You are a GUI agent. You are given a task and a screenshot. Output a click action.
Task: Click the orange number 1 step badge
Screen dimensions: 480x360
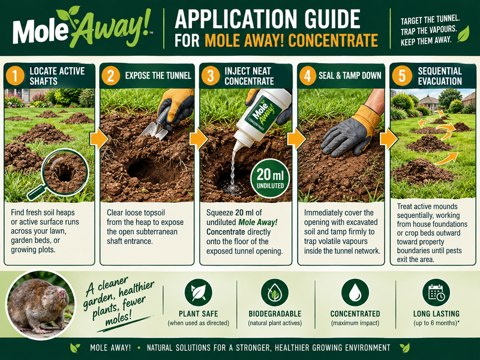click(x=15, y=76)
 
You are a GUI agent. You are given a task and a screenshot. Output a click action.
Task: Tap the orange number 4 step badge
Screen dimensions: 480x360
click(x=307, y=76)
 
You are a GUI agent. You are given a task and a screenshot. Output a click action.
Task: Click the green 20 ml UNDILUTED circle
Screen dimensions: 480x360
click(x=269, y=178)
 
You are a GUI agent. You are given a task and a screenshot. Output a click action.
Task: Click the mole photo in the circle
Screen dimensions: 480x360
click(x=41, y=305)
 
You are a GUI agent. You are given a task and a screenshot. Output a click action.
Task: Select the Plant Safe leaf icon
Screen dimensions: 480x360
click(x=198, y=293)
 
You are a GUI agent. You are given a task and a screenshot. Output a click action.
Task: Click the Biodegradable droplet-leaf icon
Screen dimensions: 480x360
click(x=275, y=293)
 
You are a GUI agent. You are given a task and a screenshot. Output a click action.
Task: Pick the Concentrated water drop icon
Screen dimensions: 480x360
click(x=355, y=293)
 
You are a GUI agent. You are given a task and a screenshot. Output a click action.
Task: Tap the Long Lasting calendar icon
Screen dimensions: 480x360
click(x=436, y=293)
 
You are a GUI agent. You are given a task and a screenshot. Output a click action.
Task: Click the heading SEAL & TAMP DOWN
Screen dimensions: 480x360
click(x=350, y=76)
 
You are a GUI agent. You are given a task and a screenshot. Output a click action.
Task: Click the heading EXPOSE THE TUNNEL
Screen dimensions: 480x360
click(x=158, y=76)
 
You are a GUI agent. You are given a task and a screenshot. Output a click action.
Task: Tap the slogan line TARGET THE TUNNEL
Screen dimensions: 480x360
click(x=430, y=20)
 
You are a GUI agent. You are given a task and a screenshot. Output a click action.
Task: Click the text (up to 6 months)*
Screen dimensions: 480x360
click(x=437, y=323)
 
